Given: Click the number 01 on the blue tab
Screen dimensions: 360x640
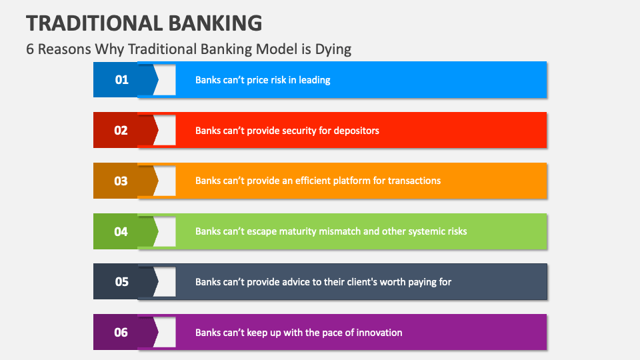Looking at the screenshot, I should coord(121,80).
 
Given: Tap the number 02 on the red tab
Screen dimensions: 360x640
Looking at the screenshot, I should coord(121,131).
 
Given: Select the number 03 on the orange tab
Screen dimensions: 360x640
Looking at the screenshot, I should coord(121,181).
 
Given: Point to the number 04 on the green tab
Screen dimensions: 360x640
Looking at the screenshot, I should coord(121,231).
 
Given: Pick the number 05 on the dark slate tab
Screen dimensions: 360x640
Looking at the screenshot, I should coord(121,281).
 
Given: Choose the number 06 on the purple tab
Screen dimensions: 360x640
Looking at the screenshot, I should coord(121,332).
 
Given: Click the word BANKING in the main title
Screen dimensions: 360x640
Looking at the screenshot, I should coord(213,23).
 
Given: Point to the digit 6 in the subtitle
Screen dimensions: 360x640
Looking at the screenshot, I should coord(30,49).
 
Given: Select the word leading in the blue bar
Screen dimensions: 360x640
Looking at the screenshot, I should coord(315,80).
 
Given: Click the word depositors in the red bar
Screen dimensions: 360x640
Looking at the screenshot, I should coord(355,131).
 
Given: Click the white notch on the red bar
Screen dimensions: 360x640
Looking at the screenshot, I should coord(167,131).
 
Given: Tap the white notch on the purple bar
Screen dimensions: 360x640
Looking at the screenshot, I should coord(167,332).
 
